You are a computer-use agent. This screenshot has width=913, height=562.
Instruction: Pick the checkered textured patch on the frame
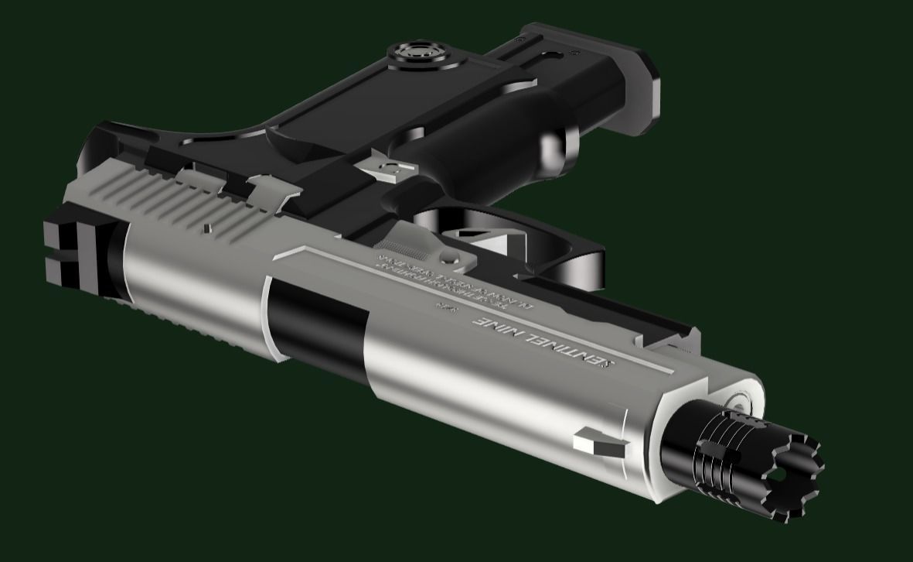pyautogui.click(x=402, y=249)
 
